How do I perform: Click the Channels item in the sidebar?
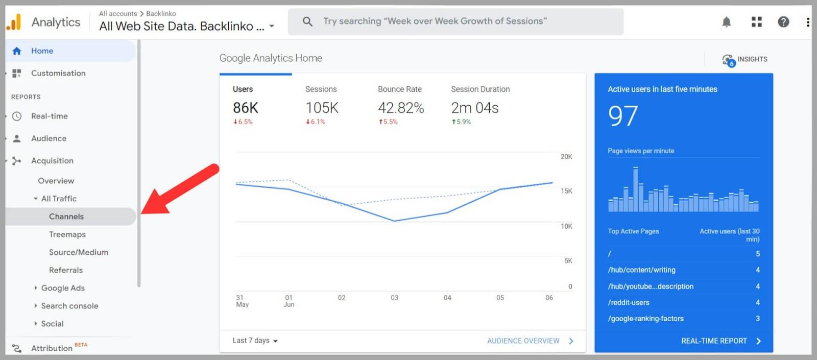click(x=66, y=217)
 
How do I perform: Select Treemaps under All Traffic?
click(x=67, y=234)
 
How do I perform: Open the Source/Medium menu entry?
click(x=78, y=252)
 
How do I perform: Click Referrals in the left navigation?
click(x=66, y=270)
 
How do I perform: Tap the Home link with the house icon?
click(x=42, y=51)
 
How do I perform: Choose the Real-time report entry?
click(x=49, y=116)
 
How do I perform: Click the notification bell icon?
click(x=726, y=22)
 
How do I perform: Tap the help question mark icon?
click(x=783, y=22)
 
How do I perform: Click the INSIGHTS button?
click(x=745, y=60)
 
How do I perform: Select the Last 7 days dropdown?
click(x=255, y=341)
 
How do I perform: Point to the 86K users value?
click(x=246, y=108)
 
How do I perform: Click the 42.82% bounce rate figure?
click(x=401, y=108)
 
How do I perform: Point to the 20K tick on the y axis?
click(x=566, y=157)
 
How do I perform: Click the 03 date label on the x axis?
click(x=394, y=298)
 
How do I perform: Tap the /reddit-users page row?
click(x=629, y=302)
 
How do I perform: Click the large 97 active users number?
click(x=623, y=116)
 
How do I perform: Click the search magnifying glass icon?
click(x=307, y=21)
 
